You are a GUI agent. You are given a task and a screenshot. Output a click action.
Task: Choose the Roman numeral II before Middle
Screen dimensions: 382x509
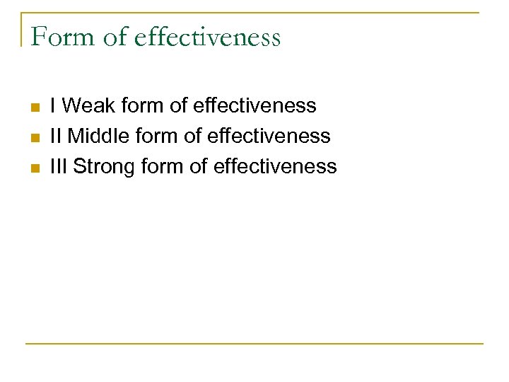[56, 136]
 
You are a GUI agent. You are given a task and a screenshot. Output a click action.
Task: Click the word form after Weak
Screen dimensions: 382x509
[144, 106]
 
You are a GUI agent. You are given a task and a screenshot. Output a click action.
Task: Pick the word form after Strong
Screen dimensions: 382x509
[165, 167]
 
